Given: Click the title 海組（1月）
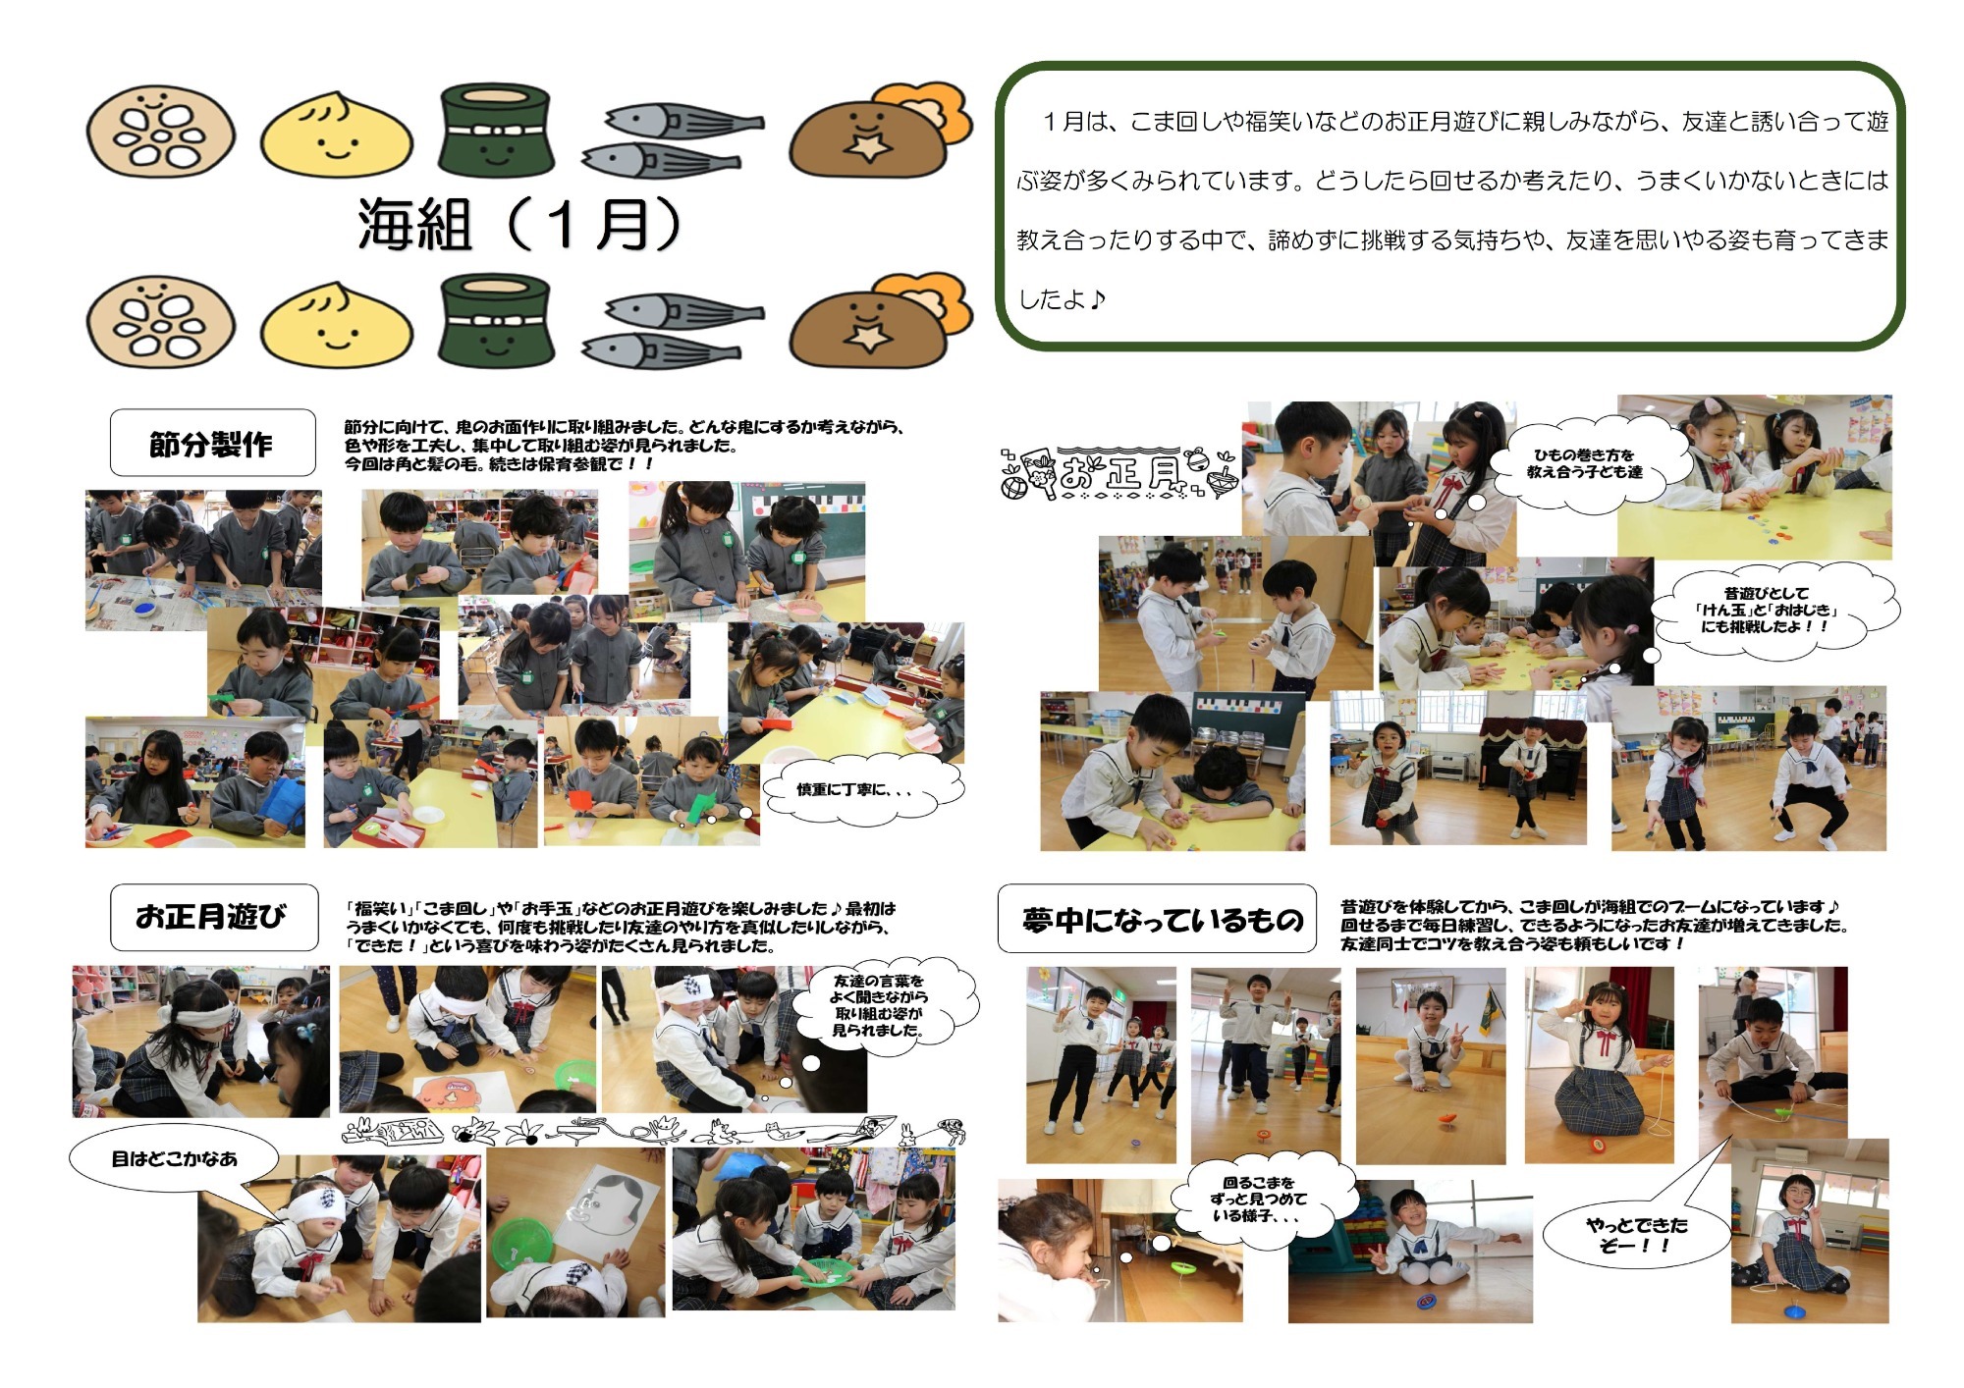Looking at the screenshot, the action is point(519,224).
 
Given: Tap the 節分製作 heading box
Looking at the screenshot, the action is point(212,444).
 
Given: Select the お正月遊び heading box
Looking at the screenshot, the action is point(213,917).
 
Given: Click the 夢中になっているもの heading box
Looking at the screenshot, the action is point(1157,919).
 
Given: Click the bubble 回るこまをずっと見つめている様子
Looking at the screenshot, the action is point(1259,1200).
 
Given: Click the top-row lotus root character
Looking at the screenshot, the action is point(161,131).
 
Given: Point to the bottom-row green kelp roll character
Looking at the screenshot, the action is point(495,324).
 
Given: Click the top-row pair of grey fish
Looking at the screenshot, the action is point(673,140).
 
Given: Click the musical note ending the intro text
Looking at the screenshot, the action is point(1097,298).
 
